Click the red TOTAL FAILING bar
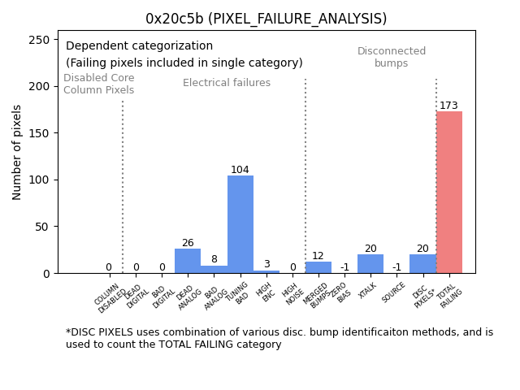pos(449,193)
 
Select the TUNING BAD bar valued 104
pos(240,224)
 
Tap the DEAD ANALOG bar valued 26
pos(188,261)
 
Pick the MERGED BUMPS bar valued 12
pos(318,267)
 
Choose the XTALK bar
pos(370,264)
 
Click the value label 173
pos(449,106)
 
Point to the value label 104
pos(240,170)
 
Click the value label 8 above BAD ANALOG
pos(214,260)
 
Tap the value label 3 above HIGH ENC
pos(266,264)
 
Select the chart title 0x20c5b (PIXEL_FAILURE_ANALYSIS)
pos(266,19)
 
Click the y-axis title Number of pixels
pos(17,152)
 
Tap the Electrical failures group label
pos(227,83)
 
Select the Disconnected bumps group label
pos(392,57)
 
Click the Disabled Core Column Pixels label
pos(99,84)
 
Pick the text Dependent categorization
pos(139,46)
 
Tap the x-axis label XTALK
pos(369,292)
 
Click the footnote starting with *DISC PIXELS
pos(279,338)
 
